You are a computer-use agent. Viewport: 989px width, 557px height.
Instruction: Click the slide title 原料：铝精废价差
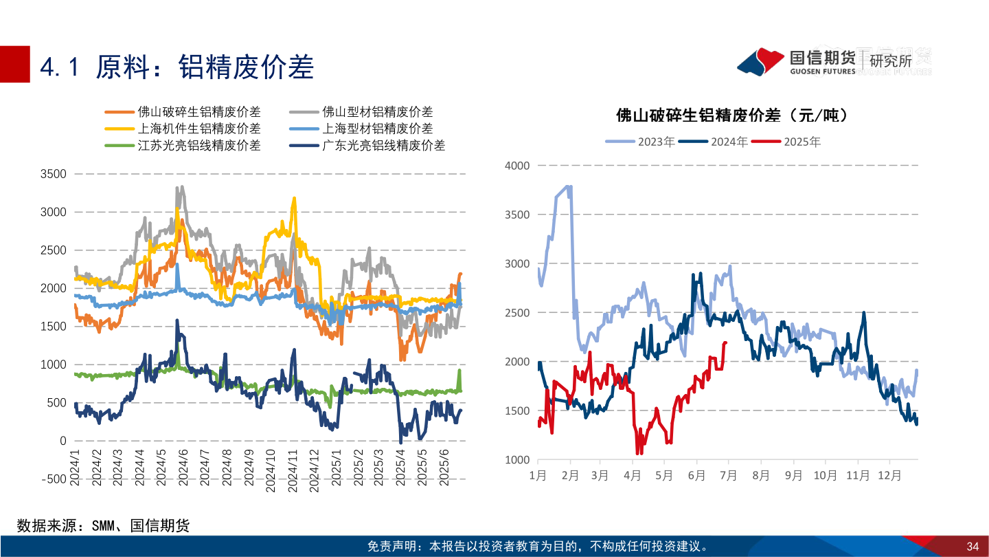(177, 67)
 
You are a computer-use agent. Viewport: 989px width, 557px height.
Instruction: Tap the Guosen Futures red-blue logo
(760, 61)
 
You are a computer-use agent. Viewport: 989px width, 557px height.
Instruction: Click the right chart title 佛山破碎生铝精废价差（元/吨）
(732, 116)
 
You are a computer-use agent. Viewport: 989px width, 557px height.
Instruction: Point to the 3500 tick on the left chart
(53, 174)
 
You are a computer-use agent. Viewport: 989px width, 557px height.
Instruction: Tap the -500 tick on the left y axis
(52, 479)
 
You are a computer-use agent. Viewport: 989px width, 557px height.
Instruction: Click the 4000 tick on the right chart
(517, 165)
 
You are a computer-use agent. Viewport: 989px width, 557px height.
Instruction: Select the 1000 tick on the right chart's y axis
(517, 459)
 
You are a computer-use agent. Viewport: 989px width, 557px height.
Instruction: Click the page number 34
(972, 547)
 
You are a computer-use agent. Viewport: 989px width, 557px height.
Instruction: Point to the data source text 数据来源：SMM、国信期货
(103, 526)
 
